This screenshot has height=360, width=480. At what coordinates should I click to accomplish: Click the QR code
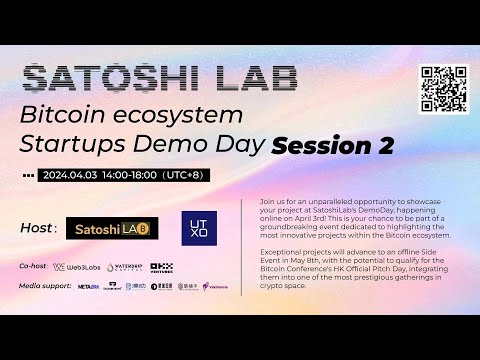(x=443, y=87)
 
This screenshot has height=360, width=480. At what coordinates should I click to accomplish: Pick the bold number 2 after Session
(x=383, y=146)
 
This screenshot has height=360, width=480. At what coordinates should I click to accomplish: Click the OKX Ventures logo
(x=161, y=267)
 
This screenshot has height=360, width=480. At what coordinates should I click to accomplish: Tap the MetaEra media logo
(x=88, y=286)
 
